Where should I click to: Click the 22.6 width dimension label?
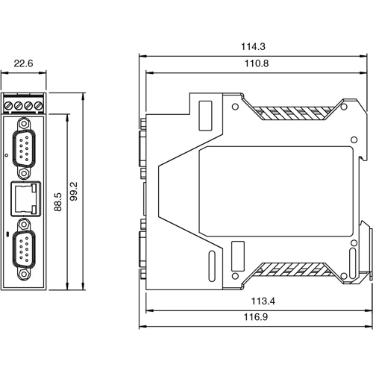coord(24,64)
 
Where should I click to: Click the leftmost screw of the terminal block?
coord(10,105)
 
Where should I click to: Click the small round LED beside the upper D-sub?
coord(7,154)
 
